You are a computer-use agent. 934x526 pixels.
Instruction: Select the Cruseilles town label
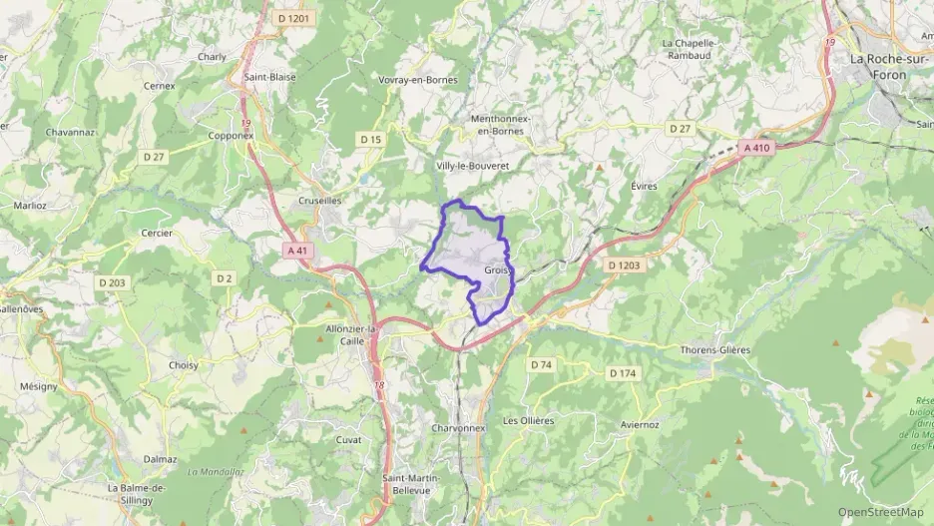coord(321,200)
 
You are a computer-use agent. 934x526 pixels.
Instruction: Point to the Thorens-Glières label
coord(714,349)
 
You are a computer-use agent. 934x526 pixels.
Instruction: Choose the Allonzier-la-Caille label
coord(350,334)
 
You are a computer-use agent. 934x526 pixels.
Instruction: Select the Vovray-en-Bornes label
coord(414,79)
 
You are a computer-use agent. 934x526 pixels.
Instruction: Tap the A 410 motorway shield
coord(757,148)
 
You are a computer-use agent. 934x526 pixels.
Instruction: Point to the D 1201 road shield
coord(295,18)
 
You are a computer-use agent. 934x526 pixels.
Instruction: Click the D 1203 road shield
coord(624,264)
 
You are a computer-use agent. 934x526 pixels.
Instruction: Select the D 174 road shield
coord(622,373)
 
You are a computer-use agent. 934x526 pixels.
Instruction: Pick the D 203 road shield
coord(113,283)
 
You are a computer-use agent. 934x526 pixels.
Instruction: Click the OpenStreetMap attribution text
coord(880,512)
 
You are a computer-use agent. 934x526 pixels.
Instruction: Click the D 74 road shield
coord(540,365)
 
